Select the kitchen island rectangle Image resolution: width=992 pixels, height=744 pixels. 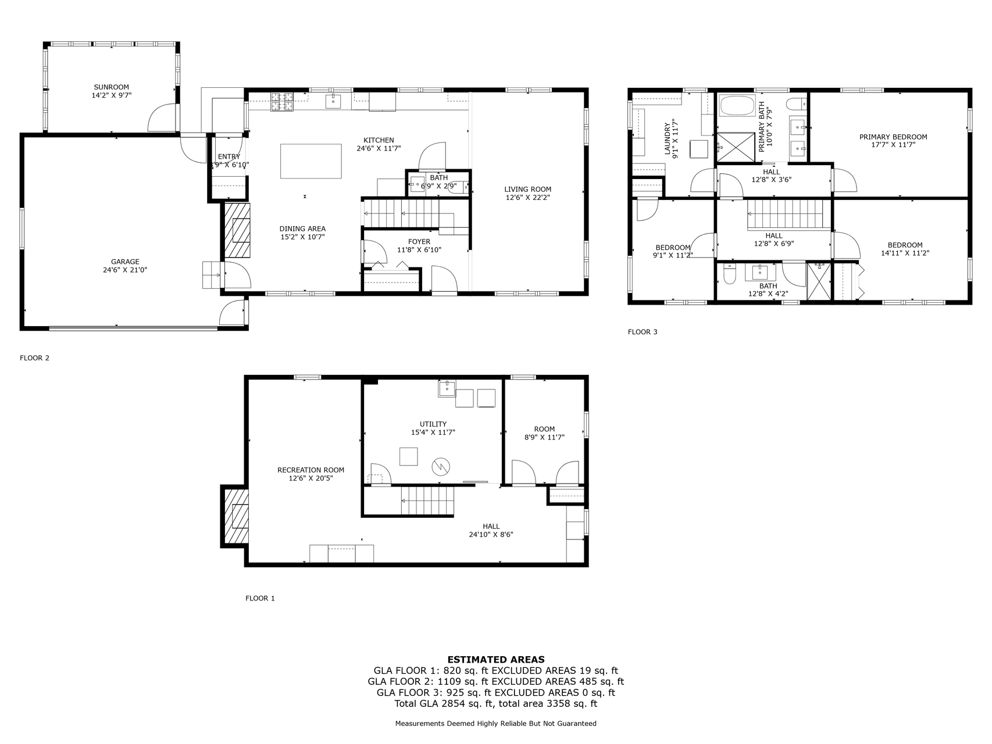point(311,161)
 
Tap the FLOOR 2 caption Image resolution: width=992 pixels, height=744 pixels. point(35,358)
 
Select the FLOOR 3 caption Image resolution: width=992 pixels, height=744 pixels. point(643,332)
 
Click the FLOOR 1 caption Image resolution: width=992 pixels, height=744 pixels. point(260,598)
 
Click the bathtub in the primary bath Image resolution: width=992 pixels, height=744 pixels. point(736,106)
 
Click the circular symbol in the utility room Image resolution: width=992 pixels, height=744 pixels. point(441,467)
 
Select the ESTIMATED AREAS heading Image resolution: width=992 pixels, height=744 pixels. point(496,659)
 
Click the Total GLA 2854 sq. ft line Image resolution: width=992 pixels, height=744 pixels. point(496,703)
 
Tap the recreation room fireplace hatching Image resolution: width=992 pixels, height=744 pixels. point(236,516)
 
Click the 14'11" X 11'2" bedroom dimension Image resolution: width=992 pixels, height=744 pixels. point(905,253)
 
